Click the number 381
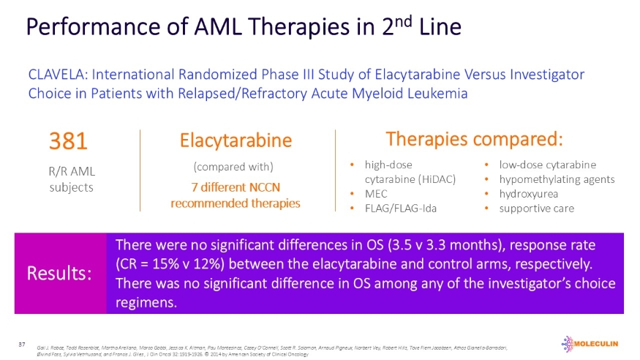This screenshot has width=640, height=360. (68, 141)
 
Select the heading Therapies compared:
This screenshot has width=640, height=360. (474, 139)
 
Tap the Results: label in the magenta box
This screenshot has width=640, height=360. (59, 274)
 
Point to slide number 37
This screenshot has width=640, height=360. (23, 343)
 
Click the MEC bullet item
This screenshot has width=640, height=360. (376, 194)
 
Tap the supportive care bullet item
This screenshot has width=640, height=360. (536, 209)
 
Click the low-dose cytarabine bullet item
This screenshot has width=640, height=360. (547, 165)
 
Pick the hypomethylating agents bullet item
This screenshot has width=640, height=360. (557, 179)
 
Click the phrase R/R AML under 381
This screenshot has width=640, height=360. (71, 172)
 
